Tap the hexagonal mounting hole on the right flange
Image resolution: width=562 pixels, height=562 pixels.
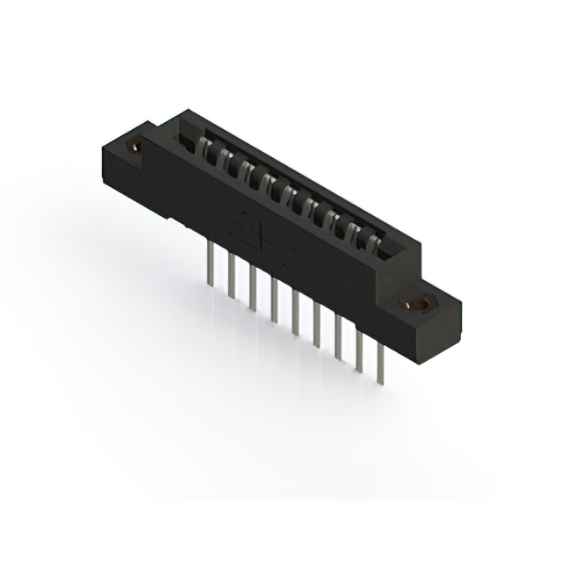click(420, 303)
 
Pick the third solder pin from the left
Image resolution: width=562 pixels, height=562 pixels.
click(253, 285)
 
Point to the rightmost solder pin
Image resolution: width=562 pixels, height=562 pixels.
click(380, 360)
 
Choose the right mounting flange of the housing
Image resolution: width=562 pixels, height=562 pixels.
click(430, 321)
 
